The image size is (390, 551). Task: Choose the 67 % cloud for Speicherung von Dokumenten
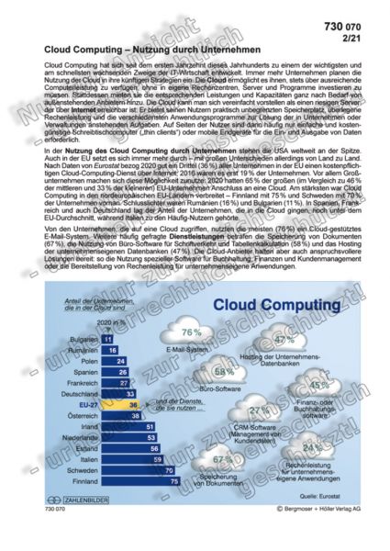[x=221, y=458]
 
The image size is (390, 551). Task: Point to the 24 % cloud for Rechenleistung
[x=311, y=448]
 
